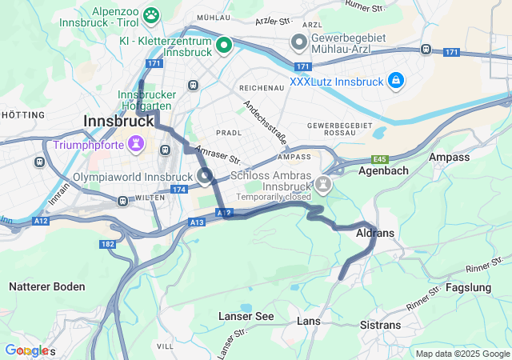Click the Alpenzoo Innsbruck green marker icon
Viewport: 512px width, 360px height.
tap(150, 15)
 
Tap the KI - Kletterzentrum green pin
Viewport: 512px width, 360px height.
tap(225, 46)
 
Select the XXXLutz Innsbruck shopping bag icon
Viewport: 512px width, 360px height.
tap(395, 80)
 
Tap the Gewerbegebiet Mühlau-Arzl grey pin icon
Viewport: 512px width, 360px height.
tap(299, 41)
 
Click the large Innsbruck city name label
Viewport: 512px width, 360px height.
tap(118, 122)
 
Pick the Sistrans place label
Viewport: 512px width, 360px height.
tap(381, 326)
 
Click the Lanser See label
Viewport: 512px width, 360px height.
tap(246, 317)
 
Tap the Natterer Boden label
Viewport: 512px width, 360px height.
tap(47, 286)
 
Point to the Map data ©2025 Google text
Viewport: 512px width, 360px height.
tap(462, 354)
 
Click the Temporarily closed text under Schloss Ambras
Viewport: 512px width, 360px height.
tap(274, 197)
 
